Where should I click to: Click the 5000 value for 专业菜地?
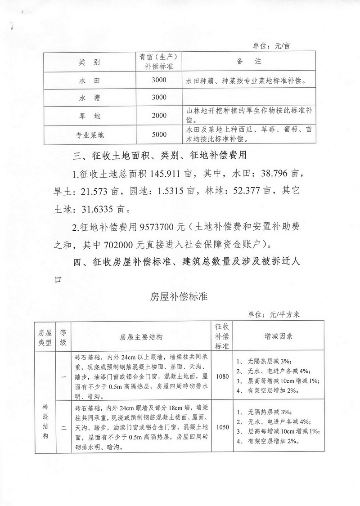[159, 134]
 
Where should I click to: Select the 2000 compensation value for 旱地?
[159, 116]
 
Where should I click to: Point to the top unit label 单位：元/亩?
[274, 45]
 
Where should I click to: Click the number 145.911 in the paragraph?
[165, 174]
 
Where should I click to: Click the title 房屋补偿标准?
[178, 297]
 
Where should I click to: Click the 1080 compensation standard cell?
[222, 376]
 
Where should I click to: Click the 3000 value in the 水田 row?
[159, 81]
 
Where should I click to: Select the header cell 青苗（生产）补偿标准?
[159, 61]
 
